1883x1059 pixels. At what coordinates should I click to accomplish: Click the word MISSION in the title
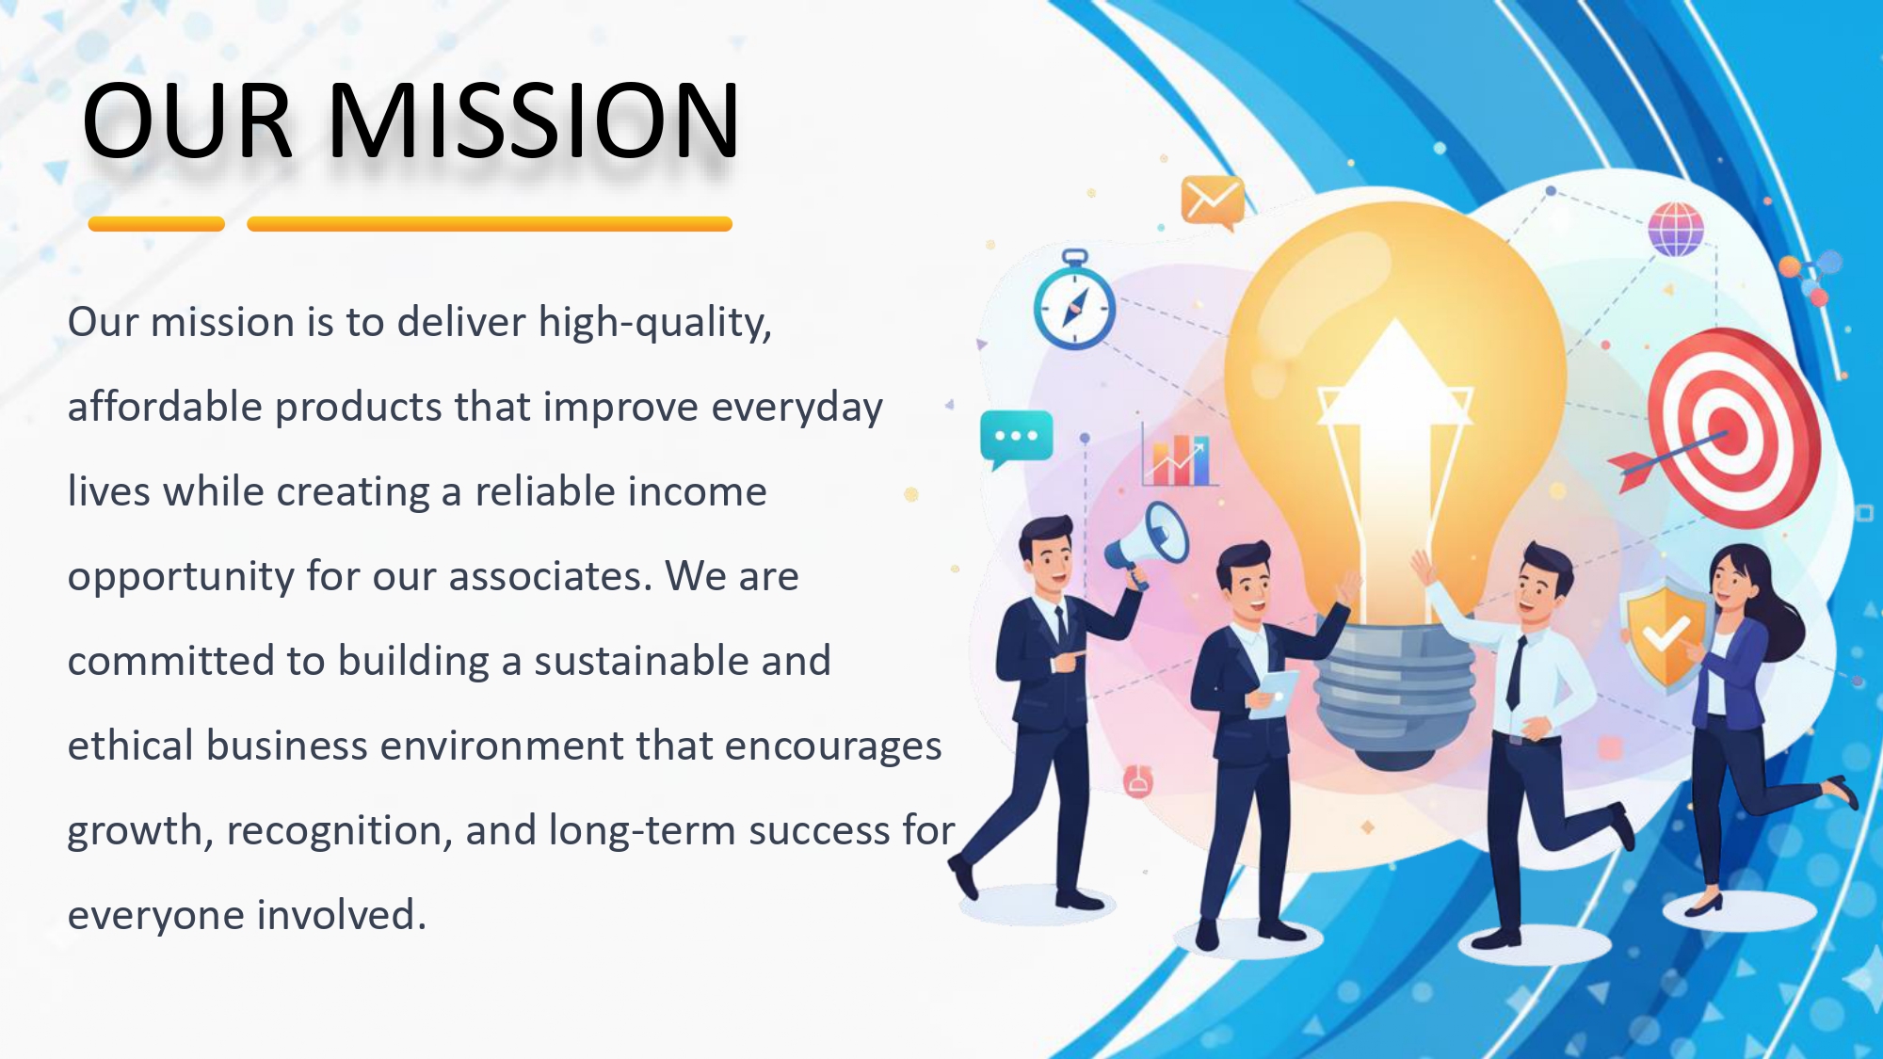[534, 120]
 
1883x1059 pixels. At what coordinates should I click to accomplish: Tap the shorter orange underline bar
[156, 224]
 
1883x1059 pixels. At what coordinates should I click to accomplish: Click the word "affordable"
[165, 407]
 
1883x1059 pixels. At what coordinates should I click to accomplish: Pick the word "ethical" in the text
[131, 746]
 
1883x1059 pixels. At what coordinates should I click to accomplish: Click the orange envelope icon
[1213, 201]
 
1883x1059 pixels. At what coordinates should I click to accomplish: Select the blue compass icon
[1074, 301]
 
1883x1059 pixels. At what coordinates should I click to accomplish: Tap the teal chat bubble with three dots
[1016, 439]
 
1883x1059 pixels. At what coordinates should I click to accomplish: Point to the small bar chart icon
[1178, 457]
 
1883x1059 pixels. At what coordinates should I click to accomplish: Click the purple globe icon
[1676, 229]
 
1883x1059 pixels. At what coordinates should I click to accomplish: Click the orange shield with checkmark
[1665, 635]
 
